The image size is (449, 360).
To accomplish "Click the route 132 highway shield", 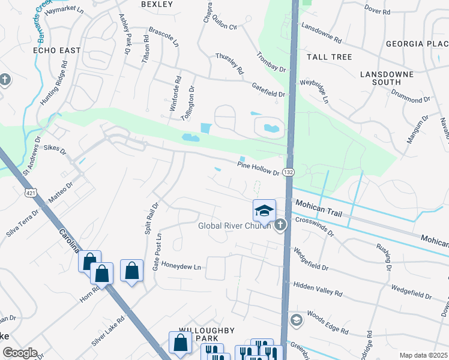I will point(288,172).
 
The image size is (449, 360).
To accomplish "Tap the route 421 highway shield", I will point(29,193).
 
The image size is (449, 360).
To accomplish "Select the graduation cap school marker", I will point(264,211).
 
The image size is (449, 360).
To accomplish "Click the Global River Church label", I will point(236,226).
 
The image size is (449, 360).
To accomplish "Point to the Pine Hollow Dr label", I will point(258,168).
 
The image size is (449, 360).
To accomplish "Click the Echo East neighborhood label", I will point(56,50).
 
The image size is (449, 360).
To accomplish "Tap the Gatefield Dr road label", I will point(268,90).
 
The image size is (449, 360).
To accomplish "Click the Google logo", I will point(20,353).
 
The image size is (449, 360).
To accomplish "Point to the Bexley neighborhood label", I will point(157,4).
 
